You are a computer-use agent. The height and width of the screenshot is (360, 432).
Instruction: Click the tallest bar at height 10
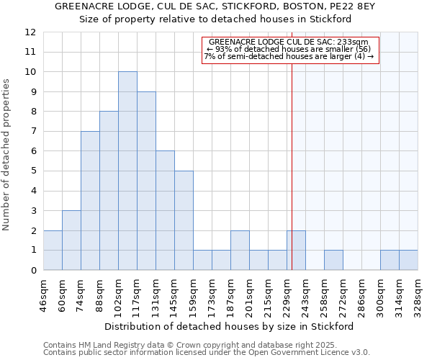click(127, 171)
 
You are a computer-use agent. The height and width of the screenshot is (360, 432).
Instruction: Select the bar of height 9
click(146, 181)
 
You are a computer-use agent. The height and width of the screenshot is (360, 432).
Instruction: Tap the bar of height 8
click(109, 191)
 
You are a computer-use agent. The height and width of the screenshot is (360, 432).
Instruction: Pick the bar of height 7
click(90, 201)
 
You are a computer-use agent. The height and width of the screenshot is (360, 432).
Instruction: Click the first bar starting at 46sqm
click(53, 251)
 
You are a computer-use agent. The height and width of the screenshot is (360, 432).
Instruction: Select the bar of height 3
click(71, 240)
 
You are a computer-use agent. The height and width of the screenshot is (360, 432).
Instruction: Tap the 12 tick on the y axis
click(30, 32)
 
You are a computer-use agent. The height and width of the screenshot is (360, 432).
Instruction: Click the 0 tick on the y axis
click(33, 271)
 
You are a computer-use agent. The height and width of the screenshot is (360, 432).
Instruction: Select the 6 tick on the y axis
click(33, 151)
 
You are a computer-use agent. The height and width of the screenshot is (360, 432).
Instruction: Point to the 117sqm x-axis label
click(137, 296)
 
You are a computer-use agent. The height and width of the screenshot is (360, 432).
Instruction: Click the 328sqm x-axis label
click(418, 296)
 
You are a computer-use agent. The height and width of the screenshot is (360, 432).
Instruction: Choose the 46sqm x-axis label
click(43, 296)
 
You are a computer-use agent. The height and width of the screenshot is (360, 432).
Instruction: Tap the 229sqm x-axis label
click(287, 296)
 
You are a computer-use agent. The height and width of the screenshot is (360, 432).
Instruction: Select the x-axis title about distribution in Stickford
click(229, 326)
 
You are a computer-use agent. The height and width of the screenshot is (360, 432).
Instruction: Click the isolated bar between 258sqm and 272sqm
click(333, 260)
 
